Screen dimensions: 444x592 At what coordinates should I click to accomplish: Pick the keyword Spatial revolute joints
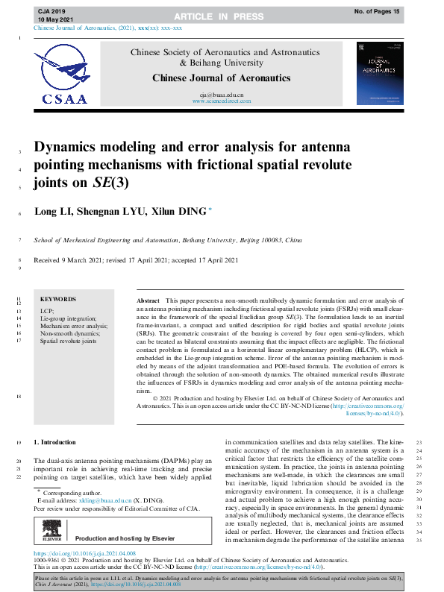[69, 341]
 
